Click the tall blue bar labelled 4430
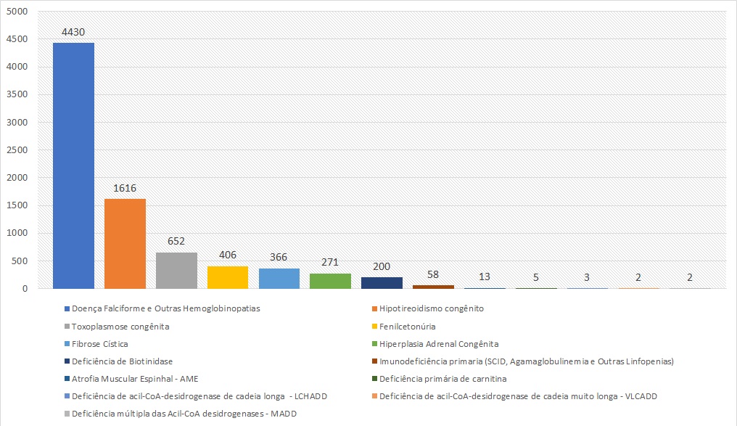pos(73,165)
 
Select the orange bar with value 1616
pos(125,243)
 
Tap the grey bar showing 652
pos(176,270)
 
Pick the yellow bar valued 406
pos(227,277)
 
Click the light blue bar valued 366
pos(279,278)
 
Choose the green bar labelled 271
pos(330,281)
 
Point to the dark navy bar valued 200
pos(382,283)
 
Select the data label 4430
pos(73,33)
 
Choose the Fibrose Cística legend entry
pos(99,344)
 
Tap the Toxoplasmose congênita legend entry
pos(120,326)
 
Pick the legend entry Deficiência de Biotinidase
pos(122,361)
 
